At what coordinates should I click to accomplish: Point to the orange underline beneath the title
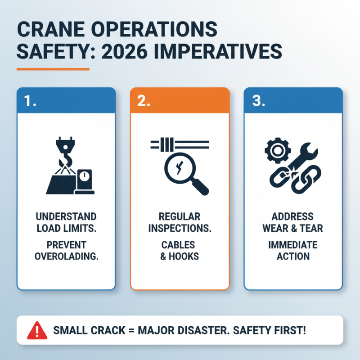(53, 69)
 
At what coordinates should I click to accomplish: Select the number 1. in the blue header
(30, 101)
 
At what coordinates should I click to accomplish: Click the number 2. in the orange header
(143, 101)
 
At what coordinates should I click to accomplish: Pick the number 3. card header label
(257, 101)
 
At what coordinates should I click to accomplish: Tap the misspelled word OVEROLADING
(66, 256)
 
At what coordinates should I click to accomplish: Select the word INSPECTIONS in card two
(180, 228)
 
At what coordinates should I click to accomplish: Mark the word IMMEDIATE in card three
(293, 245)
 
